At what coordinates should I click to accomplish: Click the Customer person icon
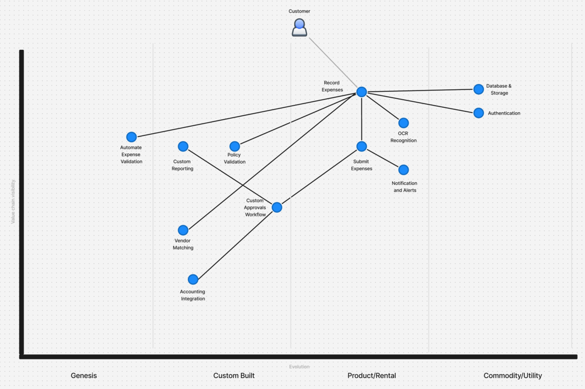299,28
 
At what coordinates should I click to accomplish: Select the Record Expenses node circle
361,92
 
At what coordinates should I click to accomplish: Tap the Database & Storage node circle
479,89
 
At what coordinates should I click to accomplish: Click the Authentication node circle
479,113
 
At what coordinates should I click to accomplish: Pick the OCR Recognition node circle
403,123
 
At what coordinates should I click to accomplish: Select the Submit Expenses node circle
361,146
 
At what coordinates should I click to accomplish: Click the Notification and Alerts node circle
403,170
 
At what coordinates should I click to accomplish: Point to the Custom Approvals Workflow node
277,207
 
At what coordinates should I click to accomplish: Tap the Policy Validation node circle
235,146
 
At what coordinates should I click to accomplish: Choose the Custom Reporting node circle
183,146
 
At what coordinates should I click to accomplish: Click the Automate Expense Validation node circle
131,137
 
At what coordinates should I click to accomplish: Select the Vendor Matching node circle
183,230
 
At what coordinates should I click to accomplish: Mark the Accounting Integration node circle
193,279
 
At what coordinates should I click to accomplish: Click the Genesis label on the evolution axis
84,375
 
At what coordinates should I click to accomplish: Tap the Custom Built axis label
234,375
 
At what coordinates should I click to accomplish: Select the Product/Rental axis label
372,375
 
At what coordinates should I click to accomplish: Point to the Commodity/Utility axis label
513,375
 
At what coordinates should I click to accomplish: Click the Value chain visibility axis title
13,201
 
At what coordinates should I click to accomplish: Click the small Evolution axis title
299,367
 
